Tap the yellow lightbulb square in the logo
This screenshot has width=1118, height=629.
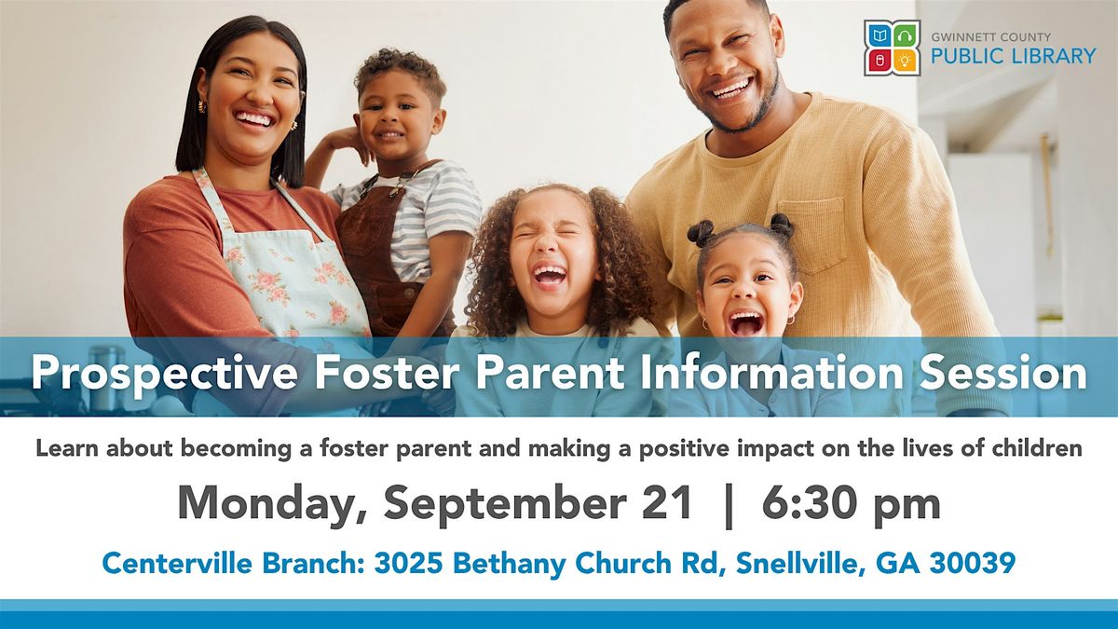905,61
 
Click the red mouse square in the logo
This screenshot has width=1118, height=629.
879,61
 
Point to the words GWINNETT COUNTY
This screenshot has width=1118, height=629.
990,37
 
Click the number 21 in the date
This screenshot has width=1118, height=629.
667,503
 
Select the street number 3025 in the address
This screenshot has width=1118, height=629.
408,563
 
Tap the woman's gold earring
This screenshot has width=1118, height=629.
201,106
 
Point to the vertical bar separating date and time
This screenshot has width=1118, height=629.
729,506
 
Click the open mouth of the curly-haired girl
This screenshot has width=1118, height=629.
549,276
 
